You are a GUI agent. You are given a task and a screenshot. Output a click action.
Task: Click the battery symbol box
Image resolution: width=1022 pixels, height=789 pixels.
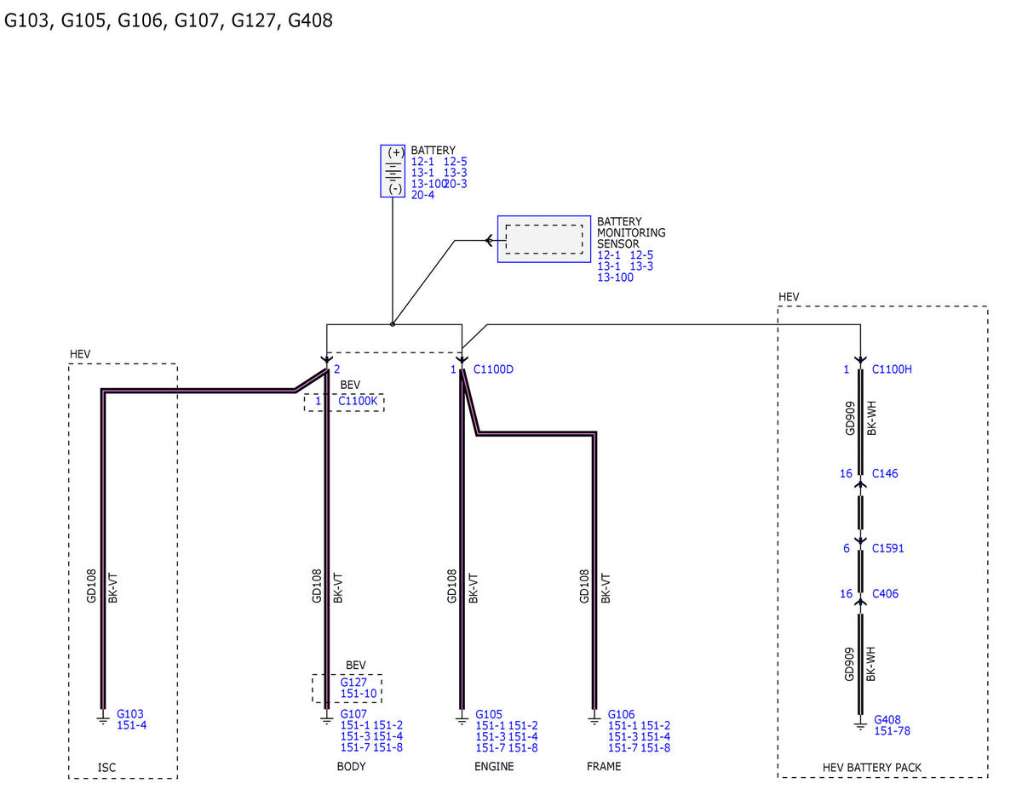coord(393,170)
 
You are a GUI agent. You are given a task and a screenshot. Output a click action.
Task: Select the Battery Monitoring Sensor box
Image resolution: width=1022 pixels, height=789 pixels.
coord(543,238)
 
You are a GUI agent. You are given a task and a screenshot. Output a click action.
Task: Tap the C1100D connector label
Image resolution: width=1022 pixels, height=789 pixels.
coord(493,369)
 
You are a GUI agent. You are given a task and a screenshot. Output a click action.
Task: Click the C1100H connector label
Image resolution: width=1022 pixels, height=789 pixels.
coord(892,369)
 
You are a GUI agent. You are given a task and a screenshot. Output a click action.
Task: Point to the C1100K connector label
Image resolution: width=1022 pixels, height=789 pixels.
coord(358,401)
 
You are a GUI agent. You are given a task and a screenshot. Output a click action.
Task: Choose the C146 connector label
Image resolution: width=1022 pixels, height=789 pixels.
coord(885,473)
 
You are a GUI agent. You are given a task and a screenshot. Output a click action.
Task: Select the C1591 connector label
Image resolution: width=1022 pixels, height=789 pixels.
coord(887,548)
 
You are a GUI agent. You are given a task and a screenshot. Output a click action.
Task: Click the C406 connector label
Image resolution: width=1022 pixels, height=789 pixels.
coord(885,593)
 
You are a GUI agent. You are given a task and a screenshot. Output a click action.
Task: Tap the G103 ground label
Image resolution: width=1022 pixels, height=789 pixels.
coord(129,714)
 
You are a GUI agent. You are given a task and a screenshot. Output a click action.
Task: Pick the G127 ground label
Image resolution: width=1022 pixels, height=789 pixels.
coord(353,682)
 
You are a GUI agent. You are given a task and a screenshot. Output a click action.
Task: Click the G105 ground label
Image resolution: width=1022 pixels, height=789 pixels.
coord(489,714)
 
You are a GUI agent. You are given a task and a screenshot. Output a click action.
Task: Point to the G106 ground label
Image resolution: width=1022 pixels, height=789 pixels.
coord(621,714)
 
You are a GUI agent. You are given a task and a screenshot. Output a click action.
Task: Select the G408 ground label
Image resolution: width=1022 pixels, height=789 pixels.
coord(887,719)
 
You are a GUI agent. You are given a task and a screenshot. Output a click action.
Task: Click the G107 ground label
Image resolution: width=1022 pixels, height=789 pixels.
coord(353,714)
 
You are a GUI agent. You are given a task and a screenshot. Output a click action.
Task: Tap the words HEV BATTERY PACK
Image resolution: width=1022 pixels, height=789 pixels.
coord(871,768)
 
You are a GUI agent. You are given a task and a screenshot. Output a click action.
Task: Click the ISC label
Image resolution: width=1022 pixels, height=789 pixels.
coord(106,768)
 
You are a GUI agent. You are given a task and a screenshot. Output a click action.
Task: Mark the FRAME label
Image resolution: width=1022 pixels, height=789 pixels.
coord(604,766)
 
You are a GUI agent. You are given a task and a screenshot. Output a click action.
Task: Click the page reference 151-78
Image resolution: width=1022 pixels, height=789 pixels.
coord(892,731)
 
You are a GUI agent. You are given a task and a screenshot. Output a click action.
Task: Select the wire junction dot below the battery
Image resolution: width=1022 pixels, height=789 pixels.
coord(393,324)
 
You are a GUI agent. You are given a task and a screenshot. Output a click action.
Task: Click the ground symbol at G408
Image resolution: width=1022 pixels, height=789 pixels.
coord(860,725)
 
